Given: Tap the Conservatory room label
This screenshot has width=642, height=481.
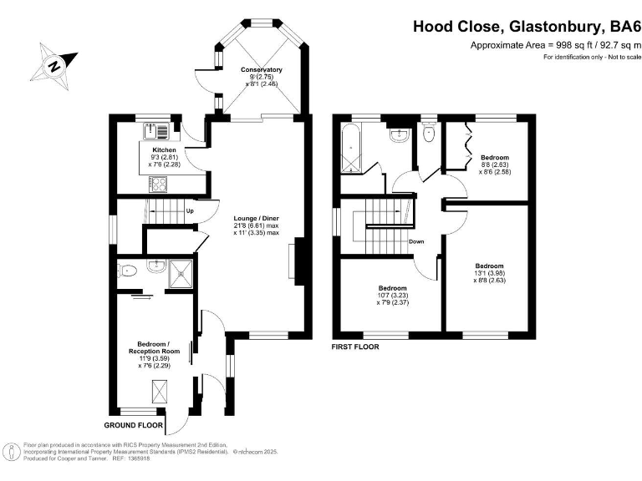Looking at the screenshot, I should [261, 69].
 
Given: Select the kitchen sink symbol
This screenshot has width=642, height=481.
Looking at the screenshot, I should [155, 130].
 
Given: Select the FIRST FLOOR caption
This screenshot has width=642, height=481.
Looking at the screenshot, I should [356, 346].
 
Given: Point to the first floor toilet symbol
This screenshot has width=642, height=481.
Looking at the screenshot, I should [430, 134].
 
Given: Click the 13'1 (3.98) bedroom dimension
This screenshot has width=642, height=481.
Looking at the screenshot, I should [490, 274].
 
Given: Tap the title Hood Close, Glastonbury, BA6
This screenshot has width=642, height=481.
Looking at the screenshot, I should [527, 27].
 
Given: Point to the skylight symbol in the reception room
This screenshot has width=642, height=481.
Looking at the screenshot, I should [158, 390].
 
